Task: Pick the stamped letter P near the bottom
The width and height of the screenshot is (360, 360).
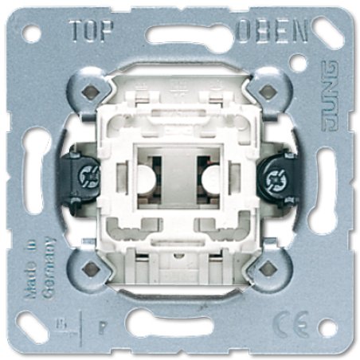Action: (x=101, y=326)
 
